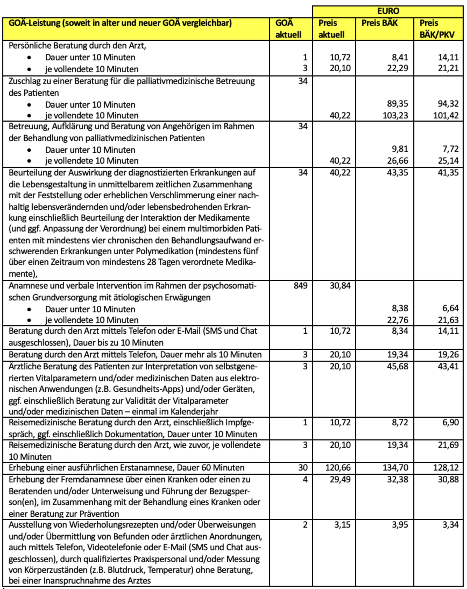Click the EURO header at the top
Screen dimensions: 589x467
click(x=388, y=11)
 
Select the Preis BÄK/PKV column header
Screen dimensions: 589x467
click(x=437, y=29)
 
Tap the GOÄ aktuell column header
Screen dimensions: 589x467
click(x=288, y=29)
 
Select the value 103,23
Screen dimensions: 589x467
click(x=395, y=115)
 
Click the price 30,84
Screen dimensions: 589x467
click(x=340, y=286)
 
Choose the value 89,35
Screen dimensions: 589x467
click(x=397, y=104)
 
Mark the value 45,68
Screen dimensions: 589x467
click(x=397, y=366)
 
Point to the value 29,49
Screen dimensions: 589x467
click(x=340, y=479)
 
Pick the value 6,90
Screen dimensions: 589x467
click(x=451, y=422)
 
